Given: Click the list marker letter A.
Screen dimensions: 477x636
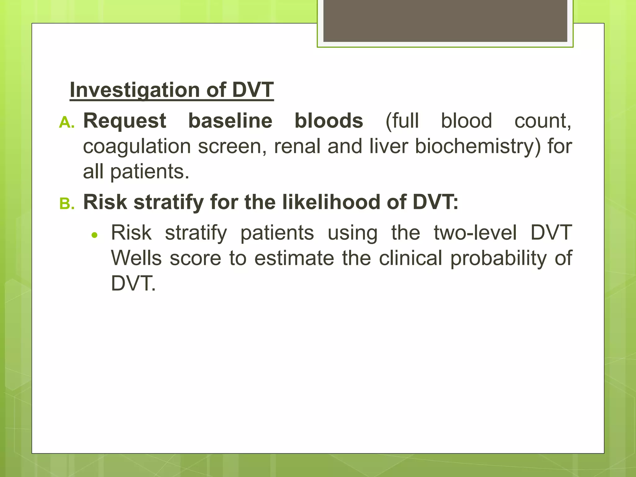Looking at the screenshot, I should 66,122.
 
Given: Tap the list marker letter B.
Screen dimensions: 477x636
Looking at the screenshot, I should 67,204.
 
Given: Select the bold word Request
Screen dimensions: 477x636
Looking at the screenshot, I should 125,121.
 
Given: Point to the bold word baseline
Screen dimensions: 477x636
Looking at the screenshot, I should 230,121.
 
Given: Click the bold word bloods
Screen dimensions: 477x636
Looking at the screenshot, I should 329,121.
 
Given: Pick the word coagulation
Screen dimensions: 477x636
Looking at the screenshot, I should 137,147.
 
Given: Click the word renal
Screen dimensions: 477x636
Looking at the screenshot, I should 297,147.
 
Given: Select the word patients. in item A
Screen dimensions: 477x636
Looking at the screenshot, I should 150,172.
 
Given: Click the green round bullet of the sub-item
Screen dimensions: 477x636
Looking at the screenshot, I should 95,235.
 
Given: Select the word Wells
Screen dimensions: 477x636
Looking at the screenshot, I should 136,258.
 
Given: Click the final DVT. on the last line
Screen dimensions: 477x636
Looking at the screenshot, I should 133,284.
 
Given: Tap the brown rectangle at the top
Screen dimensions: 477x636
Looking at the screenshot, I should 445,20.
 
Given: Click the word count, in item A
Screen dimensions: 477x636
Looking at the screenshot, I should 543,121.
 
